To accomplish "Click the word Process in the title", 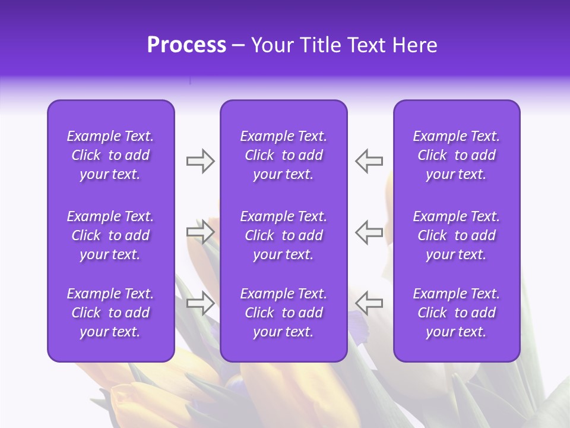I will [x=186, y=45].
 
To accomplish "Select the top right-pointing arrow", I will [x=200, y=161].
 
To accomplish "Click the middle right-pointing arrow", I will [x=200, y=231].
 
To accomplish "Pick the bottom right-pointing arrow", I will [x=200, y=303].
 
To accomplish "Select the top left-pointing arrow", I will [x=369, y=161].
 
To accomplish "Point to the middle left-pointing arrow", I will [x=369, y=231].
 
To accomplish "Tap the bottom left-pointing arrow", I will [x=369, y=303].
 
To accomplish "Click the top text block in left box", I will [x=110, y=155].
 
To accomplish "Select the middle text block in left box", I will [x=110, y=235].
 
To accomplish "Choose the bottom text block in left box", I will [x=110, y=313].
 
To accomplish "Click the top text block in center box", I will [x=283, y=155].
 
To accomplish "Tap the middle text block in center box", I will [x=283, y=235].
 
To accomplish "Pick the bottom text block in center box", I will [x=283, y=313].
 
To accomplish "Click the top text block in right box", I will [x=456, y=155].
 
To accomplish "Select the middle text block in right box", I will [x=456, y=235].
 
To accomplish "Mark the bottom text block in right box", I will [x=456, y=313].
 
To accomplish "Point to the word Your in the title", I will [x=270, y=45].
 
